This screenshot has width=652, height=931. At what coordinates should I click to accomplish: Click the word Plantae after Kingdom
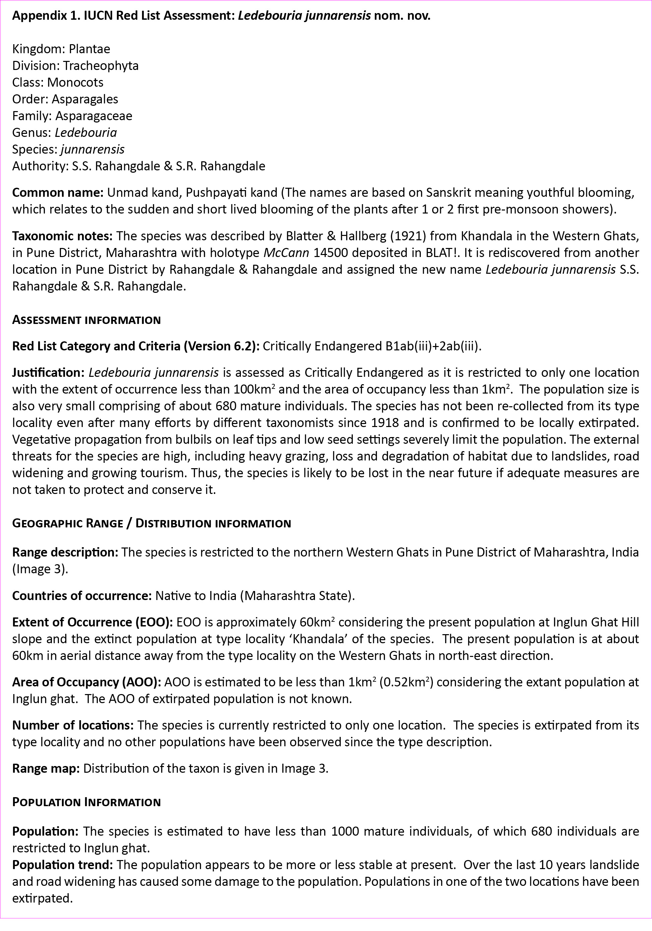pos(89,49)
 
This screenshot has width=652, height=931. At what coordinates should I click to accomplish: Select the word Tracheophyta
pos(101,66)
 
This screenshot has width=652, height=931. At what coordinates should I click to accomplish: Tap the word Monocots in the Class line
pos(75,82)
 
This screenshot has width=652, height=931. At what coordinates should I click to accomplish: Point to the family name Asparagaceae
pos(94,116)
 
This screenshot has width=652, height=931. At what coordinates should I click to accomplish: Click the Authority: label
pos(40,166)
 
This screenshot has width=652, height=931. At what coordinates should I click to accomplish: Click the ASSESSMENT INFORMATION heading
pos(86,320)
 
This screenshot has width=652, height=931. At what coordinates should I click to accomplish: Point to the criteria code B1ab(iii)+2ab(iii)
pos(432,346)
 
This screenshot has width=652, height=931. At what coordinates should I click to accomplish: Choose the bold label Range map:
pos(46,768)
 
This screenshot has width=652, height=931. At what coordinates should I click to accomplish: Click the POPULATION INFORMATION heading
pos(86,802)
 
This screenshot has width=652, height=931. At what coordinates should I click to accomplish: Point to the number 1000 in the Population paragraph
pos(345,831)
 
